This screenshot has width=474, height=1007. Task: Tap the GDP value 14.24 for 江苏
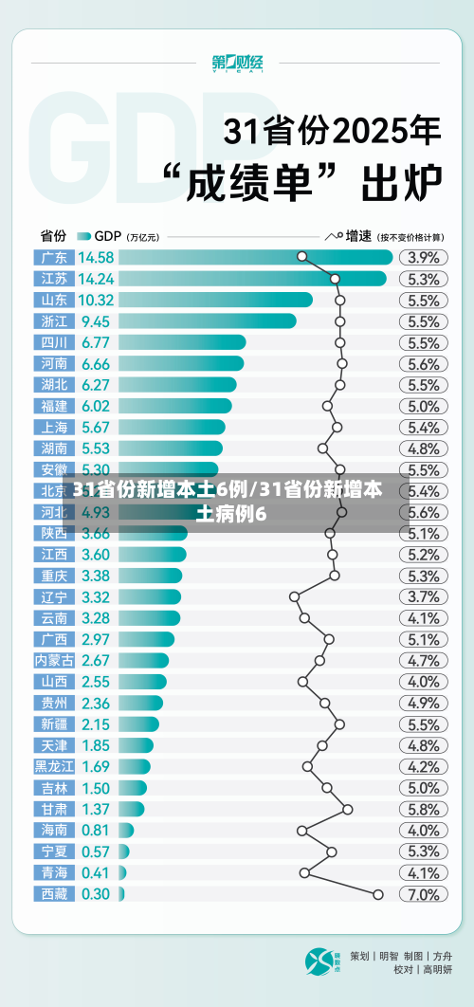(x=96, y=279)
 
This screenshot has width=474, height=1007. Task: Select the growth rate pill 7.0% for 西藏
(x=423, y=894)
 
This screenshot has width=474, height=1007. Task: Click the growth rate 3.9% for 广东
(x=423, y=257)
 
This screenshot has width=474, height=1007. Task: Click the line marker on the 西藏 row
(x=378, y=894)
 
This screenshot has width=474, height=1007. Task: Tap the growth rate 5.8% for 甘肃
(x=423, y=809)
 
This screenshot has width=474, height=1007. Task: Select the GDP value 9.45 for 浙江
(x=95, y=321)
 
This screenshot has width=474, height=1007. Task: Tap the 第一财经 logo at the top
(x=237, y=64)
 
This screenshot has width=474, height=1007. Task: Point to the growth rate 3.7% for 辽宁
(x=423, y=596)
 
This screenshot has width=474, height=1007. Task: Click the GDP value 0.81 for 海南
(x=95, y=830)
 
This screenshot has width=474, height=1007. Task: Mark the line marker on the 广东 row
(x=302, y=256)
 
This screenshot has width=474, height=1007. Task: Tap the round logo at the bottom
(x=320, y=961)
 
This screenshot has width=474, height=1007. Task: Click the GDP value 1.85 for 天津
(x=95, y=745)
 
